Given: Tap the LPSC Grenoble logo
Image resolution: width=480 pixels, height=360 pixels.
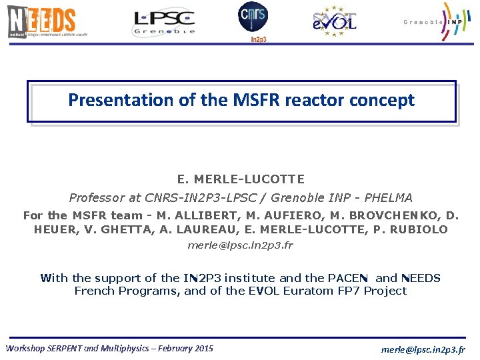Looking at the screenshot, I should tap(164, 22).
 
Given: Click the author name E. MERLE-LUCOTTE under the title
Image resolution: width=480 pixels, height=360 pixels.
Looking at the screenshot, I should tap(241, 179).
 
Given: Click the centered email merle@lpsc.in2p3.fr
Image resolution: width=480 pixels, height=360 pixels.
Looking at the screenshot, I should tap(240, 245).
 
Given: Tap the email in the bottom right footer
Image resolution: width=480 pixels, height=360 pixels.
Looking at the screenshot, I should tap(423, 349).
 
